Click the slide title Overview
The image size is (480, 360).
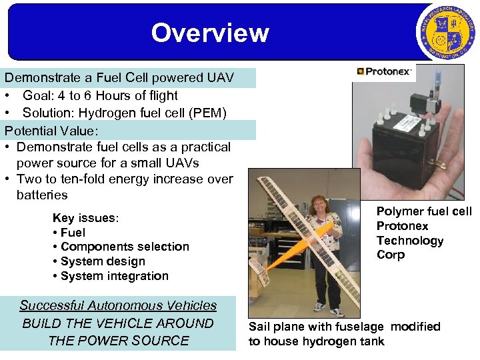209,33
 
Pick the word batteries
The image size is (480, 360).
42,195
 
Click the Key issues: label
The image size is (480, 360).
85,218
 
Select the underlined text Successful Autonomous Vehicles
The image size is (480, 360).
118,305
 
